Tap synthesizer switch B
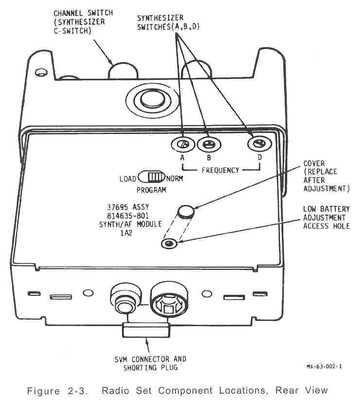209,144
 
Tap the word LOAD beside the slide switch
128,179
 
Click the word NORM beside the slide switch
175,179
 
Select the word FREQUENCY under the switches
221,170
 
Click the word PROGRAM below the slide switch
151,190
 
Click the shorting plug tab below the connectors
146,332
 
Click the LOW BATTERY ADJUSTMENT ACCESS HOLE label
326,218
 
